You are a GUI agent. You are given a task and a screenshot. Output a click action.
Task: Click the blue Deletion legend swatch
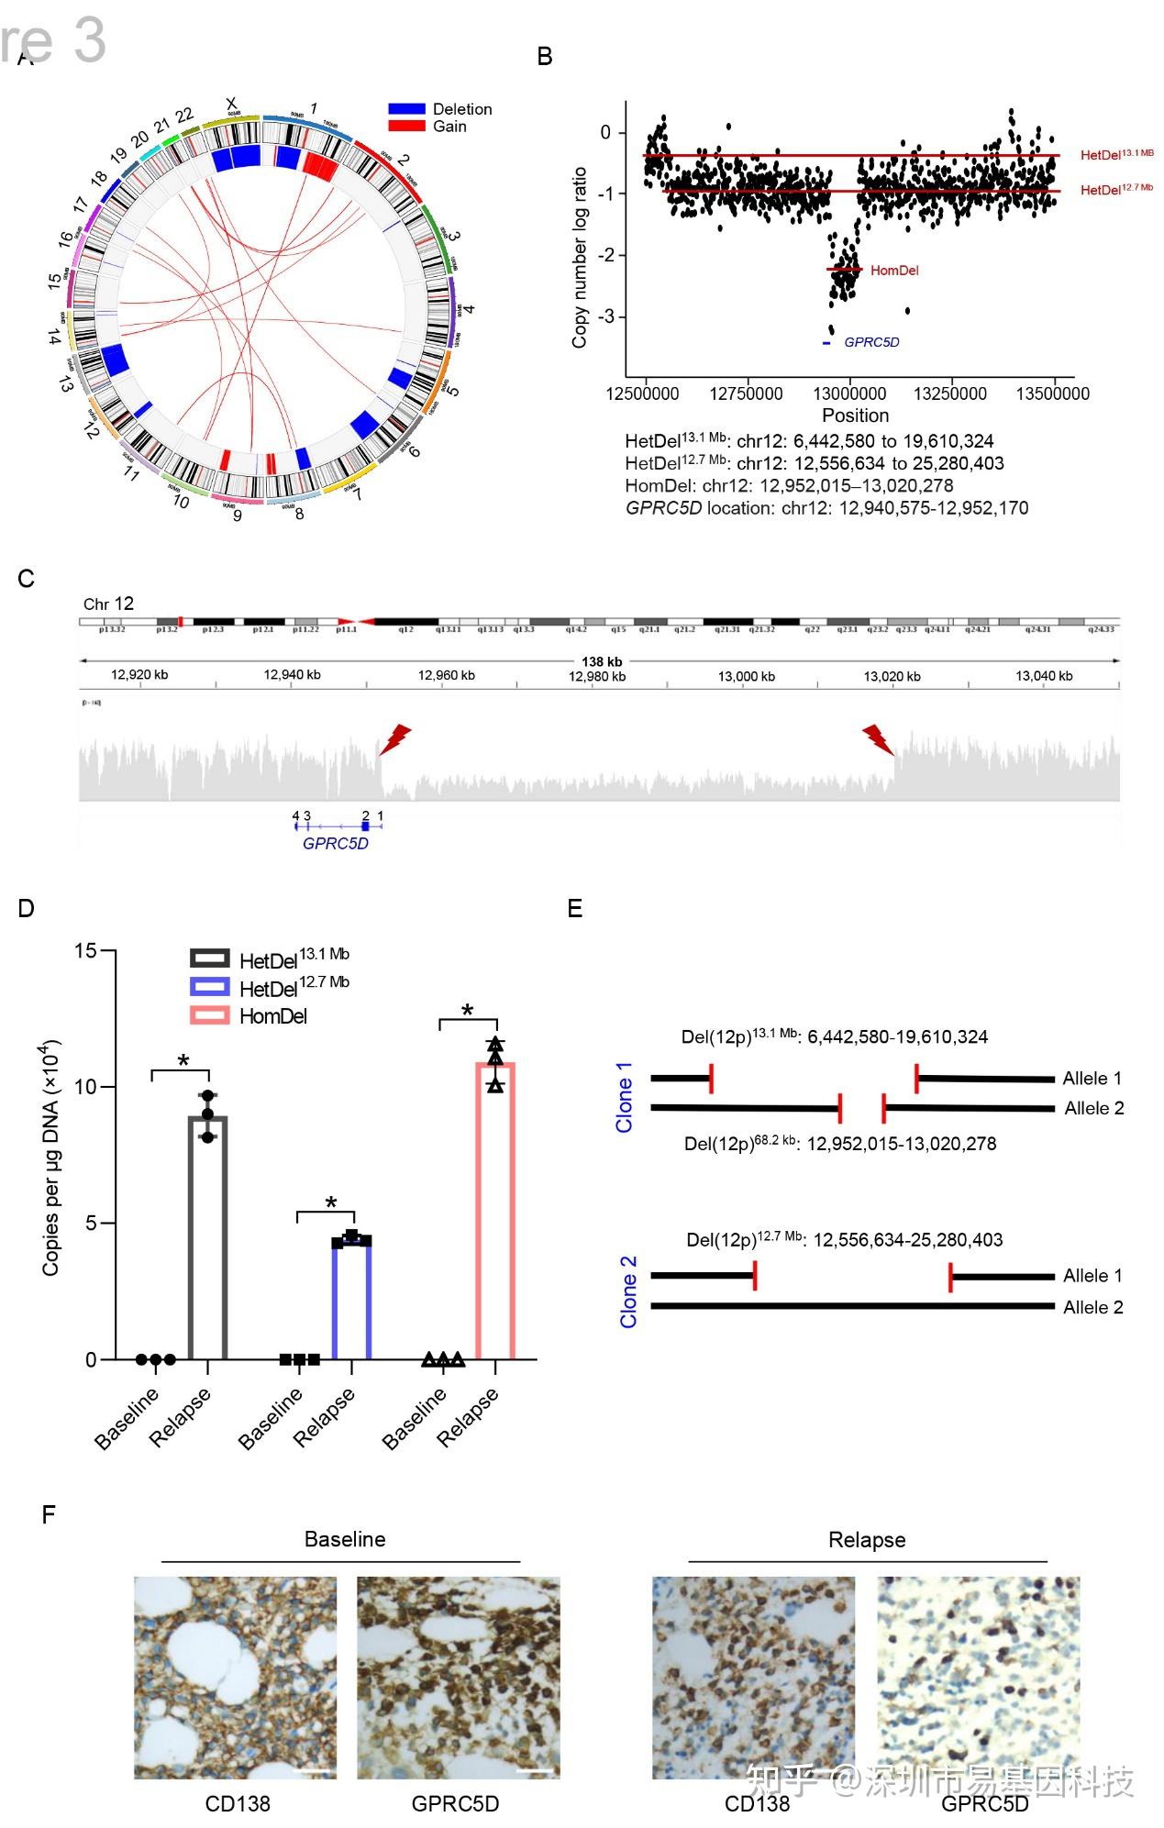tap(406, 109)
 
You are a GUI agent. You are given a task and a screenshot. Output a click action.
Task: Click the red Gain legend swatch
tap(406, 126)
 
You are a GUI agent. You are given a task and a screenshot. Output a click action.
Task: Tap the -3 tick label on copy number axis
tap(605, 316)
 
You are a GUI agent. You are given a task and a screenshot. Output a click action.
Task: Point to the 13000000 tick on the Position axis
tap(849, 393)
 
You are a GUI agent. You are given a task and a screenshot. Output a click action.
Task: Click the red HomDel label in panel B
tap(893, 271)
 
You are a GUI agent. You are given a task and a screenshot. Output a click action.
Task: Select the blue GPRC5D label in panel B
tap(871, 342)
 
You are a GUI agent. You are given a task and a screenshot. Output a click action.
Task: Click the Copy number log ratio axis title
tap(580, 257)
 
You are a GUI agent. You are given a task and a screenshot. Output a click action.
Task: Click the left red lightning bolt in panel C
tap(395, 738)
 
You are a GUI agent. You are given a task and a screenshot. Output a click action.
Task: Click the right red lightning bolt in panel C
tap(878, 738)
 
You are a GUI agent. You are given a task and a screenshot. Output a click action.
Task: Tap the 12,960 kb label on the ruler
tap(447, 676)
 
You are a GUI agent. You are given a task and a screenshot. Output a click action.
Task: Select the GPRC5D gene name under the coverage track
tap(336, 844)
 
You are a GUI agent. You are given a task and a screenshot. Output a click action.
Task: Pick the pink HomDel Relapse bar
tap(495, 1211)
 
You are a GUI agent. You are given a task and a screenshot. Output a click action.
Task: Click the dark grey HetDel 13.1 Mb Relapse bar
tap(208, 1238)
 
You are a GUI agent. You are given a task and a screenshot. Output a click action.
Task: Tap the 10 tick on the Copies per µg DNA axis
tap(85, 1087)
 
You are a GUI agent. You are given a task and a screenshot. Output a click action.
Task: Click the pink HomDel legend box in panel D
tap(210, 1015)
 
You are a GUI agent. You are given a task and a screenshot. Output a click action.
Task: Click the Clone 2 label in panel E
tap(628, 1291)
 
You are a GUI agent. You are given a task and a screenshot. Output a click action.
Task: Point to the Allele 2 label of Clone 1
tap(1093, 1109)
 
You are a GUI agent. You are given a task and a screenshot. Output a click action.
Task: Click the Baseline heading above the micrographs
tap(345, 1539)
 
